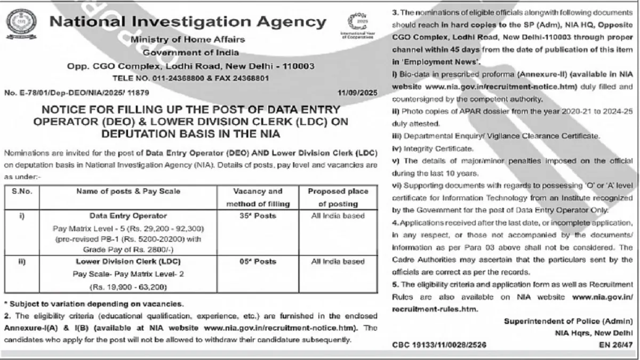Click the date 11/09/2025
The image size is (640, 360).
coord(357,93)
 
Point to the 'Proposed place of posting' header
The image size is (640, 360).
coord(338,197)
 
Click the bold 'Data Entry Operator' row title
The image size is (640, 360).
coord(129,216)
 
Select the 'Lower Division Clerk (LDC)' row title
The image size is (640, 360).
coord(129,261)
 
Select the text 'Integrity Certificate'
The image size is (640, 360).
coord(433,148)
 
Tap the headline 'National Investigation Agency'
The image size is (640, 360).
coord(188,22)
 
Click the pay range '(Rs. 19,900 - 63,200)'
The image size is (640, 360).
coord(129,287)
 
